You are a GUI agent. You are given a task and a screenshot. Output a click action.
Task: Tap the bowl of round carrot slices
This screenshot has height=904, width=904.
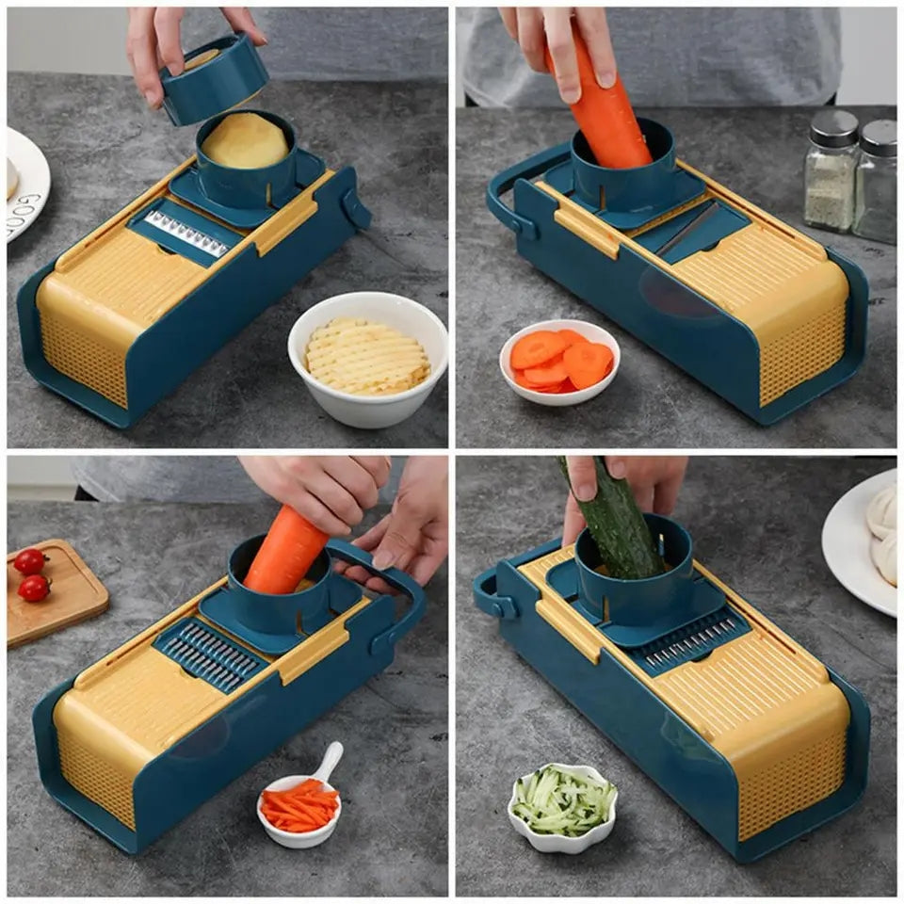click(559, 362)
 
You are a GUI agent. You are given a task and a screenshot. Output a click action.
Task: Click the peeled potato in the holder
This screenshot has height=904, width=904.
click(245, 142)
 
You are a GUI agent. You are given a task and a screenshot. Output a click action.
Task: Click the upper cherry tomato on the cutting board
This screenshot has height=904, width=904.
click(30, 562)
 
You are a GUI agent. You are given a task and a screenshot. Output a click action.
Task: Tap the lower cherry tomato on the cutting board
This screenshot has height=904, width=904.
click(35, 589)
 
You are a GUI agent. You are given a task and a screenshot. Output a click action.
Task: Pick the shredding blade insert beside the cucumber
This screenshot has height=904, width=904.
click(691, 640)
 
